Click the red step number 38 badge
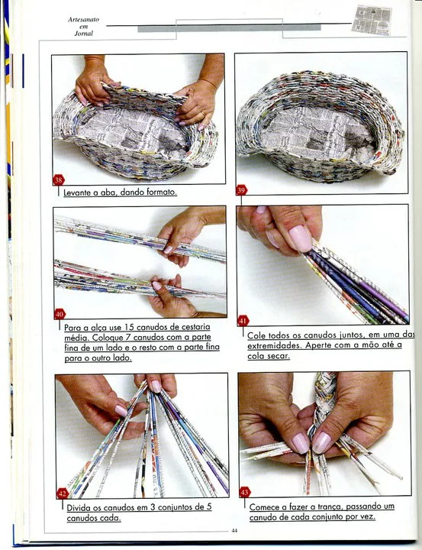click(x=59, y=180)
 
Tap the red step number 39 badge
click(x=241, y=190)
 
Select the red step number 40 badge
click(x=60, y=314)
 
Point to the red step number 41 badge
click(x=243, y=320)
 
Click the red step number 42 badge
click(x=63, y=493)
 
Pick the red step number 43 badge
click(x=244, y=492)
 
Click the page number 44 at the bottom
click(x=234, y=531)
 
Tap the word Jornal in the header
click(x=84, y=34)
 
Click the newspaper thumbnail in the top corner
click(x=372, y=20)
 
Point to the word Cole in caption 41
click(x=255, y=335)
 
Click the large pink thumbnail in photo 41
click(x=301, y=238)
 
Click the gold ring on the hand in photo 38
click(x=204, y=115)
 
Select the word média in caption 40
click(x=75, y=338)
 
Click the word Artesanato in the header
click(x=83, y=20)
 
